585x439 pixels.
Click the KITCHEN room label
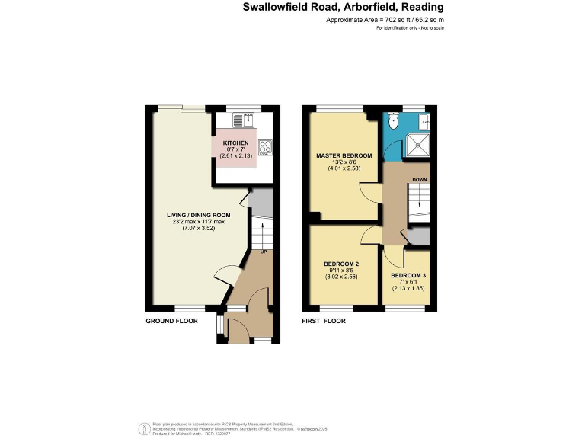pyautogui.click(x=235, y=143)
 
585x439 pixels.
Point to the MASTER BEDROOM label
pyautogui.click(x=344, y=155)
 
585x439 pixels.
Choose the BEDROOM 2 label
pyautogui.click(x=341, y=264)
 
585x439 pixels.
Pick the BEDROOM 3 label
pyautogui.click(x=409, y=275)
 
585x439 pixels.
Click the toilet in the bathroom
pyautogui.click(x=394, y=121)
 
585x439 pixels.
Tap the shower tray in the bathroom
pyautogui.click(x=417, y=145)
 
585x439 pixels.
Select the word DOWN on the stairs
pyautogui.click(x=420, y=180)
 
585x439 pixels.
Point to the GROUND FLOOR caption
pyautogui.click(x=171, y=321)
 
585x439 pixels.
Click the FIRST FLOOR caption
pyautogui.click(x=324, y=321)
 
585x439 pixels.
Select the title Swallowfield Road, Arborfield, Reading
pyautogui.click(x=343, y=8)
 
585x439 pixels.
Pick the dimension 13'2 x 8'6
pyautogui.click(x=344, y=162)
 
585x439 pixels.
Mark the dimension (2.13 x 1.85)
pyautogui.click(x=409, y=288)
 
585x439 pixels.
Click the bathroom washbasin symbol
pyautogui.click(x=425, y=120)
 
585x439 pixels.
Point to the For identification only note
pyautogui.click(x=409, y=28)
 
